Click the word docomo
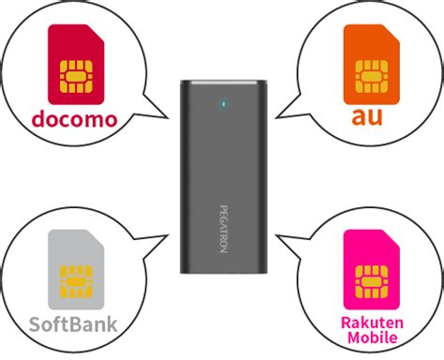pyautogui.click(x=74, y=120)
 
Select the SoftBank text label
pyautogui.click(x=73, y=326)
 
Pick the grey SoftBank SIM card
pyautogui.click(x=75, y=270)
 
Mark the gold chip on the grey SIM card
pyautogui.click(x=75, y=281)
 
